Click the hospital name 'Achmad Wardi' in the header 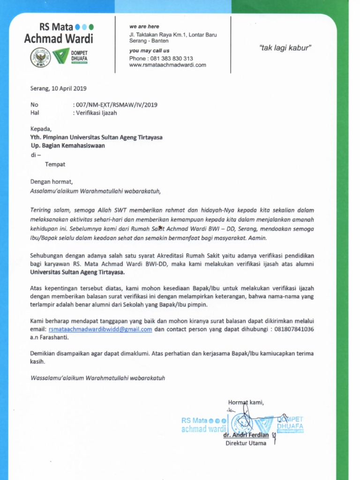pos(59,38)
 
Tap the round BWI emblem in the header pos(40,58)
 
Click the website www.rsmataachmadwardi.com pos(167,65)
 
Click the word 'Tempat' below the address pos(55,165)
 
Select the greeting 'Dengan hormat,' pos(52,181)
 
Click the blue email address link pos(100,330)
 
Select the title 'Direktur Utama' pos(246,443)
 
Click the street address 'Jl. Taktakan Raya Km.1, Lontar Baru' pos(173,35)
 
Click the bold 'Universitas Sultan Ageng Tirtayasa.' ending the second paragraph pos(77,272)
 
